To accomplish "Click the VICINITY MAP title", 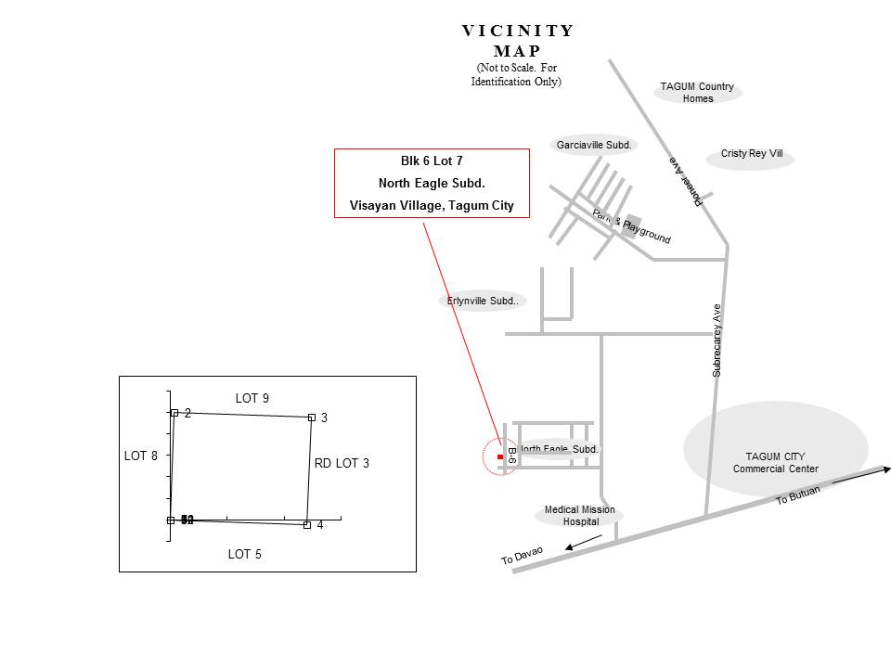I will tap(518, 41).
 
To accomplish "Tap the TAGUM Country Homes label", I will tap(697, 92).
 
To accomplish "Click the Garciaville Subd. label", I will tap(593, 145).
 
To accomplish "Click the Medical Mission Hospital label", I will tap(579, 516).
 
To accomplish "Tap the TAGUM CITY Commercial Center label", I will tap(775, 462).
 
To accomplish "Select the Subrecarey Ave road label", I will tap(717, 340).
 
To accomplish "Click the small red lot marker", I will tap(500, 457).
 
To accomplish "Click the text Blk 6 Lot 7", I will tap(432, 161).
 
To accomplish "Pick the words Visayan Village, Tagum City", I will tap(432, 206).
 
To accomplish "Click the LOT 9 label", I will tap(252, 399).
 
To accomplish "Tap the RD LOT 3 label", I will tap(342, 463).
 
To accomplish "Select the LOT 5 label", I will tap(244, 555).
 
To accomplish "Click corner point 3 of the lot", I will tap(312, 417).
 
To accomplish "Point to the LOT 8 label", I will tap(141, 456).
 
